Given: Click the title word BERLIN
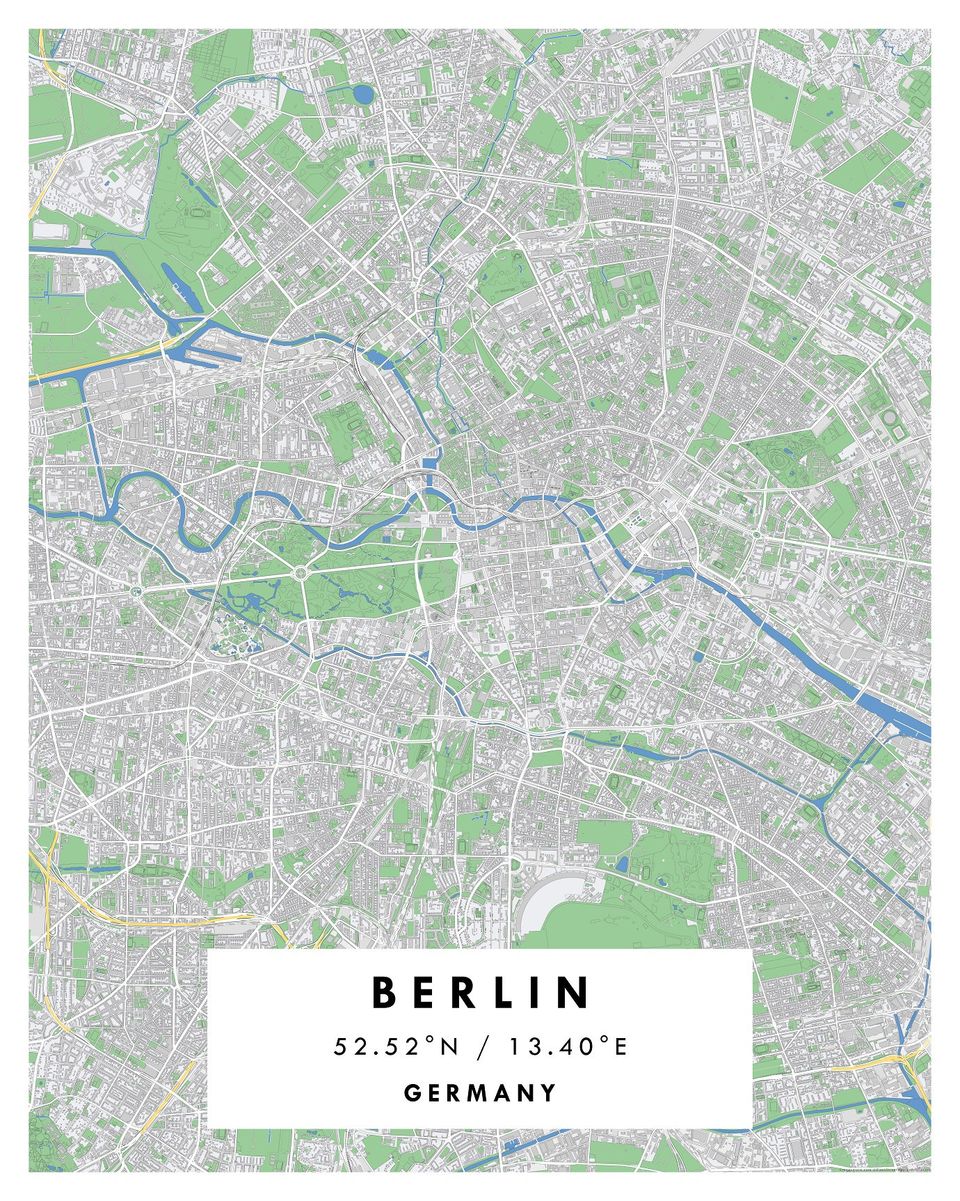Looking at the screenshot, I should pos(481,993).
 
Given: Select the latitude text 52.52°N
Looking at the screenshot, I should pos(397,1046).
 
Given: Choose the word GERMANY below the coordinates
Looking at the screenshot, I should pos(481,1092).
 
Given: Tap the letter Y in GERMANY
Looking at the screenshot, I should pos(550,1092).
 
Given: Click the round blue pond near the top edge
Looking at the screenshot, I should pos(362,93).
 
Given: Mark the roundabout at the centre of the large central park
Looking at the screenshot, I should pos(301,572).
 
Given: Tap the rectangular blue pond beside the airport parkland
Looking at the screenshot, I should pos(621,864).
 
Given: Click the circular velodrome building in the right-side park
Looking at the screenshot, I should pos(890,418).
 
